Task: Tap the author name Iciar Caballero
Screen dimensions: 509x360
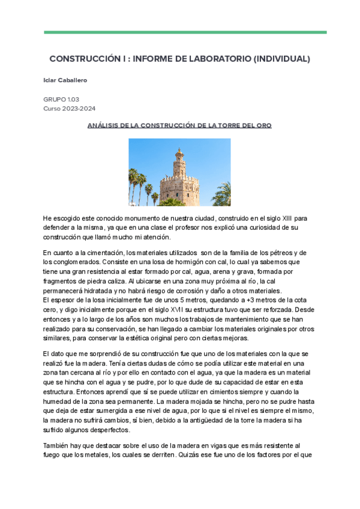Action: tap(65, 80)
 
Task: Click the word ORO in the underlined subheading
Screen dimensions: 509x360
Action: tap(263, 125)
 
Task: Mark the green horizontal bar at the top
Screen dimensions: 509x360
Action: tap(185, 32)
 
